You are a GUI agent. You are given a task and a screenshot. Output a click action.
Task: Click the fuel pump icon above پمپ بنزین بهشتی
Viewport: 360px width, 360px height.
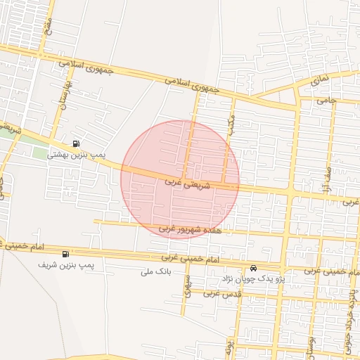coord(76,142)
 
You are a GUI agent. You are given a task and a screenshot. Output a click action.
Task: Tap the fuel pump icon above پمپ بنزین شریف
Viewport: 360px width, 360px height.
coord(66,254)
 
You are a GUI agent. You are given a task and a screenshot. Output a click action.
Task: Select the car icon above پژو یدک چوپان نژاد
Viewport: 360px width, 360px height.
coord(253,269)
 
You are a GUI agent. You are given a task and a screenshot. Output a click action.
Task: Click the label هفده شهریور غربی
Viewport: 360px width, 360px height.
coord(190,229)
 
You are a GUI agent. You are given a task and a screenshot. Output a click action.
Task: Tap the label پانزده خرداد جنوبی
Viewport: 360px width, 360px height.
coord(349,316)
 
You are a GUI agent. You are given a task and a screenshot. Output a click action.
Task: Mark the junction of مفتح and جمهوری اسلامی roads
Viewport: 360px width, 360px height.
coord(42,51)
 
